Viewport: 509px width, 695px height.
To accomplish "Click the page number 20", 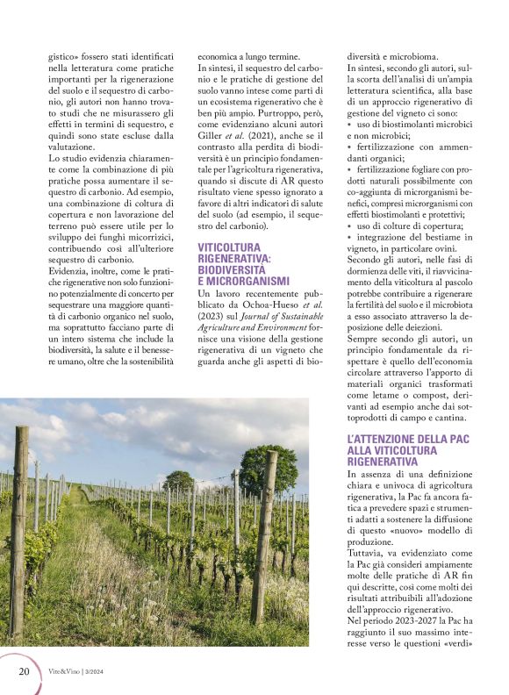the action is pos(24,671).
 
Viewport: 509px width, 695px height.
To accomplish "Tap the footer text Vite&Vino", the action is pos(66,672).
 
